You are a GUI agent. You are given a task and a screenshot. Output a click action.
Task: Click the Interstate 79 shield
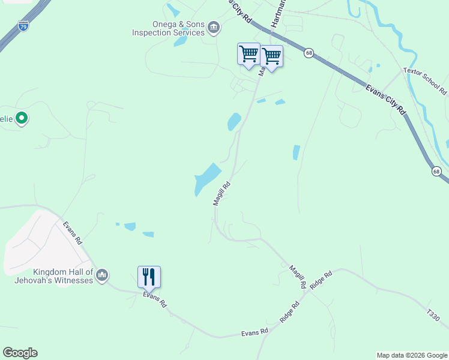coord(23,26)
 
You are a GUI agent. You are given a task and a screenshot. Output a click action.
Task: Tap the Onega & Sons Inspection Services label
coord(168,29)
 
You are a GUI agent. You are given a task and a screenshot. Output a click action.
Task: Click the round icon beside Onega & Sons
coord(214,28)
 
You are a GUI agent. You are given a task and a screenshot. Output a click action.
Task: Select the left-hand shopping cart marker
coord(249,55)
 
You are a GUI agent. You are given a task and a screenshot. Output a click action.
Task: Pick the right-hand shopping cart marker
coord(271,57)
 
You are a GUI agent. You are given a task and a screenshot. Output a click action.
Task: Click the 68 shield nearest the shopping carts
coord(309,53)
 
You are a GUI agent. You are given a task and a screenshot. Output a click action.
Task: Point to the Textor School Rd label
coord(426,81)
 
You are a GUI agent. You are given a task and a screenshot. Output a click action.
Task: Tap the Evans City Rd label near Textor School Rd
coord(385,99)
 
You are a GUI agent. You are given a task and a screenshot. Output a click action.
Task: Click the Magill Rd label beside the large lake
coord(221,194)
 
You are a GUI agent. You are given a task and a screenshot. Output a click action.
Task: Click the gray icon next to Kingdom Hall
coord(101,275)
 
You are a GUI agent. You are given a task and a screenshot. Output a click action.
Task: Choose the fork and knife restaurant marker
coord(149,277)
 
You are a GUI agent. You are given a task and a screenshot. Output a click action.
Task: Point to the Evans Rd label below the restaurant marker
coord(155,299)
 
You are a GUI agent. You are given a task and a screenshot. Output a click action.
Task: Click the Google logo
coord(20,353)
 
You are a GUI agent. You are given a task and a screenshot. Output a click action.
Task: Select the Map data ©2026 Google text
coord(412,355)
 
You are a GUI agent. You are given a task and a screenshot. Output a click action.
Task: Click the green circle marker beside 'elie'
coord(22,118)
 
